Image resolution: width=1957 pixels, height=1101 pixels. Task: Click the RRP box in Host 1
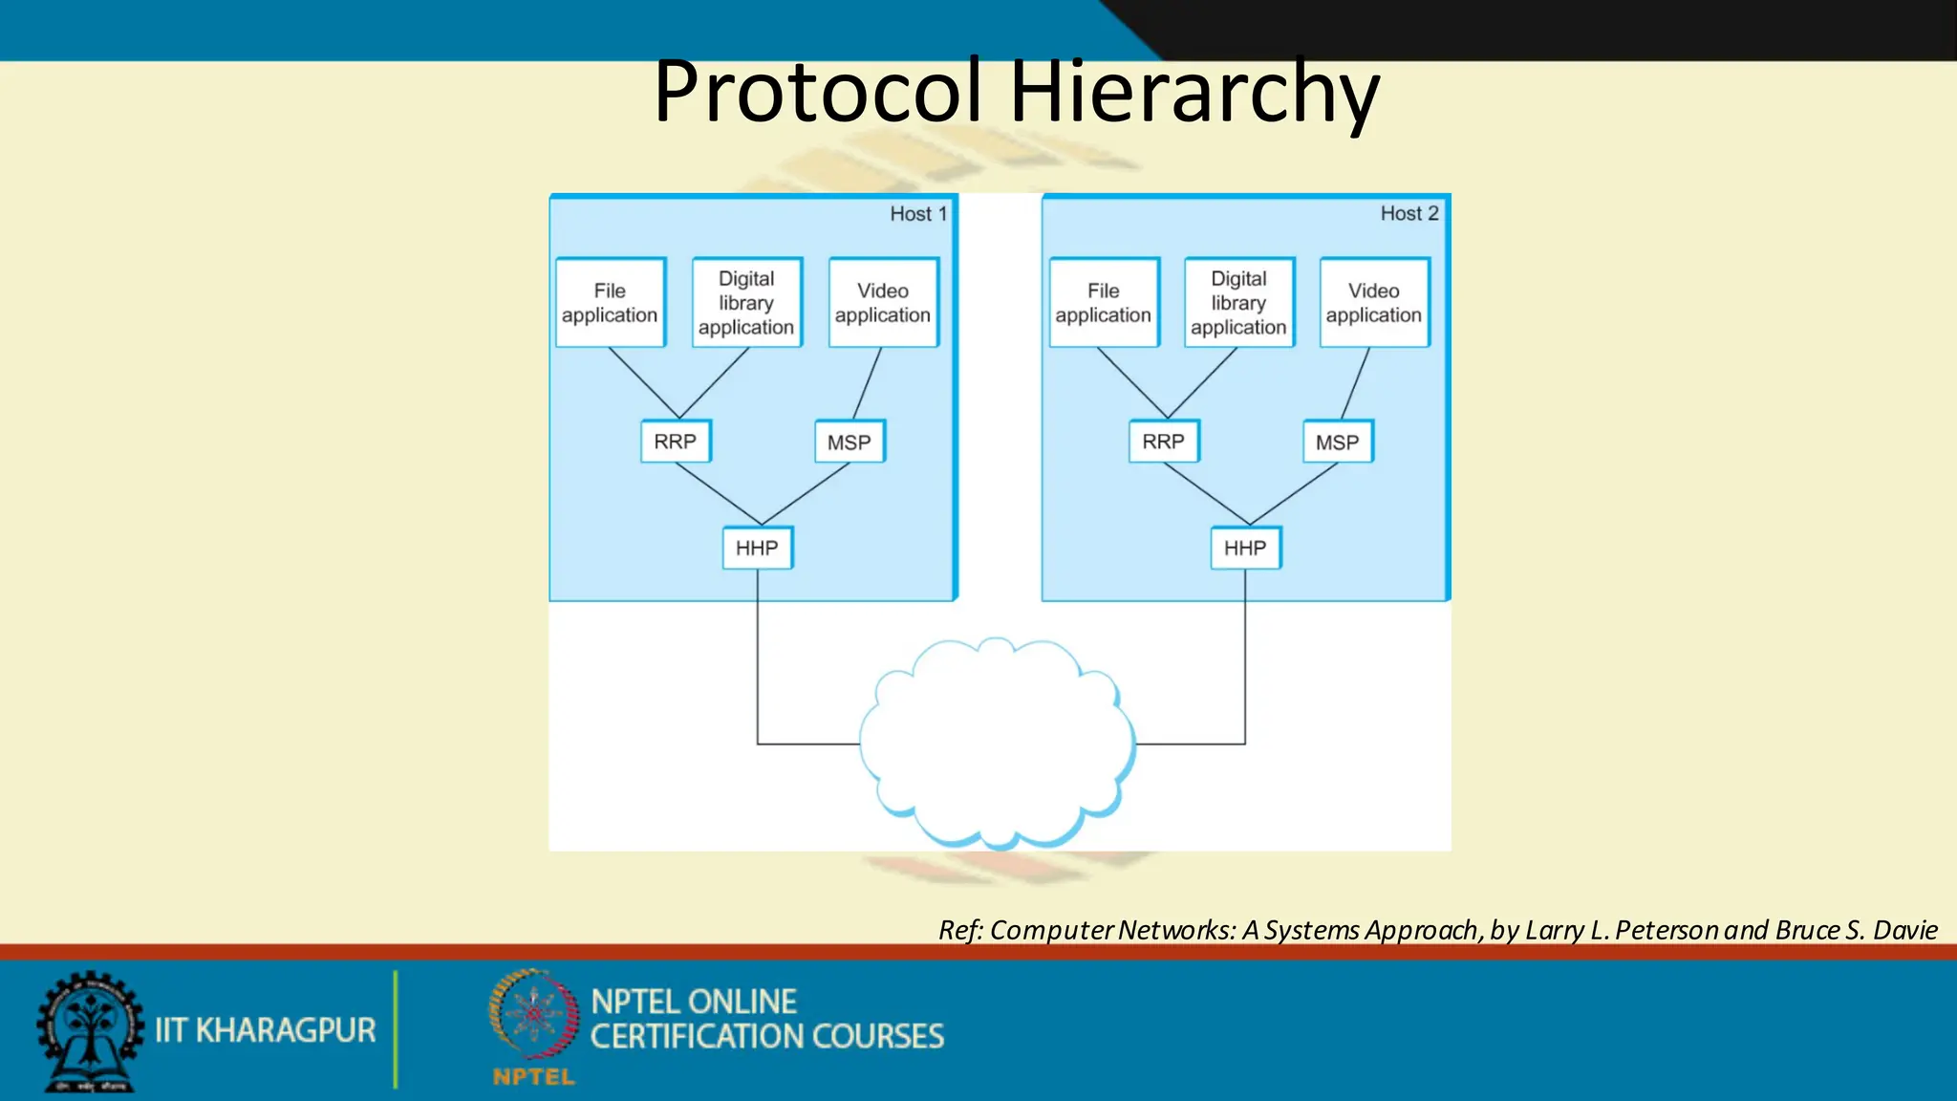[676, 442]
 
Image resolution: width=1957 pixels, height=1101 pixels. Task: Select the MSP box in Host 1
[849, 443]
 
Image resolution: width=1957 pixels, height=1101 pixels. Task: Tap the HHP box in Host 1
[757, 548]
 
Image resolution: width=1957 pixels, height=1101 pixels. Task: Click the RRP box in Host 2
[1163, 442]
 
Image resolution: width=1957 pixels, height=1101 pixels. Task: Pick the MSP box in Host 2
[1338, 443]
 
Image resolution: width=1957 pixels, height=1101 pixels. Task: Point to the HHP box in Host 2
[1245, 548]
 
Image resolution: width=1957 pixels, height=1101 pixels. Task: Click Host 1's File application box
[610, 302]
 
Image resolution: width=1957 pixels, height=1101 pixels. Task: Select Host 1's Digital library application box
[746, 302]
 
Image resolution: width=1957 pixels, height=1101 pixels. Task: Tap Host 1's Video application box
[883, 302]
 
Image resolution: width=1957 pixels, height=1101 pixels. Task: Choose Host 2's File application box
[1104, 302]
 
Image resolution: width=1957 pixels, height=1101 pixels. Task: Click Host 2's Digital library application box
[1239, 302]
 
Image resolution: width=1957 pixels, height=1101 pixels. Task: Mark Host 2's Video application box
[1374, 302]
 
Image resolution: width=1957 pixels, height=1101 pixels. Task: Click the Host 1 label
[918, 214]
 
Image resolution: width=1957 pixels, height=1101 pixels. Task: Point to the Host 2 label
[1409, 214]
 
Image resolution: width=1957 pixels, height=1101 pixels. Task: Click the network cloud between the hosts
[998, 743]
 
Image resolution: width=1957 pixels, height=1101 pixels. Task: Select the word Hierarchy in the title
[1194, 93]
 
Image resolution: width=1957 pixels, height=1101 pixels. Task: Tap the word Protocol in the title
[818, 93]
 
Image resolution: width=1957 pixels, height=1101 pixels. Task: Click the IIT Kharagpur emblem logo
[89, 1031]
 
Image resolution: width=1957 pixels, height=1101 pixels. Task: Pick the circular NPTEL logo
[534, 1015]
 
